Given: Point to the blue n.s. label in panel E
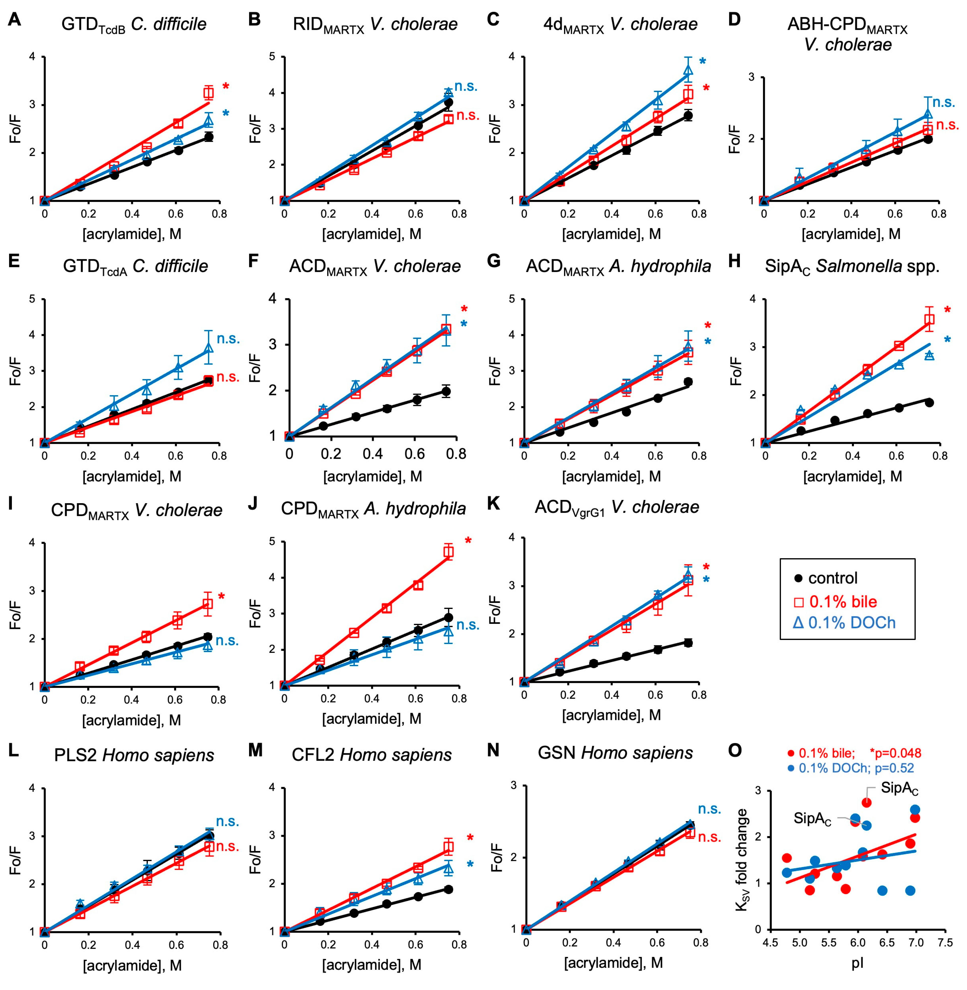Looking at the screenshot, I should click(228, 339).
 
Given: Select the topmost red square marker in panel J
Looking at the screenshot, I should click(448, 552).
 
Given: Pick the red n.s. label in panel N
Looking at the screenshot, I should click(709, 837).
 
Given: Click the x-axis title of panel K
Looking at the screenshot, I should click(611, 715).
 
